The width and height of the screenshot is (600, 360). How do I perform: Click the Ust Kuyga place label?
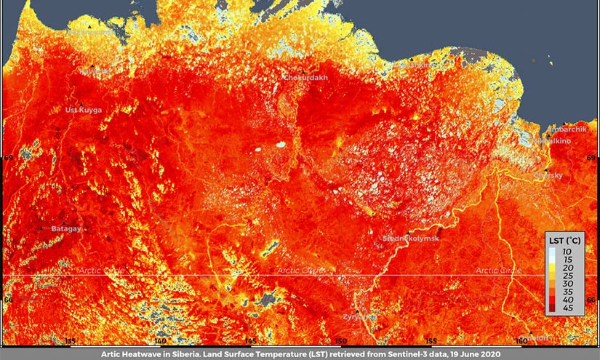[84, 110]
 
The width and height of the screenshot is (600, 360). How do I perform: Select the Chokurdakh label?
[305, 77]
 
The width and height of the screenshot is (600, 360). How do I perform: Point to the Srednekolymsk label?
[411, 238]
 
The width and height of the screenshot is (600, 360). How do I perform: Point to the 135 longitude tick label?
[71, 340]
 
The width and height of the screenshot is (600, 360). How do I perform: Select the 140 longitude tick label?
[161, 340]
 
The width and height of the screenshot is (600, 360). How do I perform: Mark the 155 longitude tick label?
[431, 340]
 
